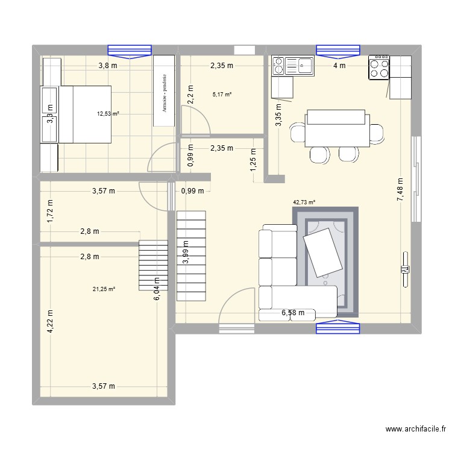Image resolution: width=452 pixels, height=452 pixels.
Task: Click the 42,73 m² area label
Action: click(x=304, y=203)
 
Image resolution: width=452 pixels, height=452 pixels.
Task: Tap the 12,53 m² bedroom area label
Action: click(x=108, y=113)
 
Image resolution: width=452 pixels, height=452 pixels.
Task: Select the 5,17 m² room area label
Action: click(x=222, y=94)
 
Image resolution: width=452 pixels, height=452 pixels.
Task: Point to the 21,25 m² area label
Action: click(x=104, y=289)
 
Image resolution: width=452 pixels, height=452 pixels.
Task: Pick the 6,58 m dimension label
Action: click(x=297, y=313)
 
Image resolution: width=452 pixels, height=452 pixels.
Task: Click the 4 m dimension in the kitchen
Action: click(x=340, y=66)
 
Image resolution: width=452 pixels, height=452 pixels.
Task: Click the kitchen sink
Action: click(x=300, y=65)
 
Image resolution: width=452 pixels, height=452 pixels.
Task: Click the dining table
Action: click(x=336, y=128)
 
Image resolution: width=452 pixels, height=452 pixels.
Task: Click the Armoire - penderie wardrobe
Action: click(x=164, y=92)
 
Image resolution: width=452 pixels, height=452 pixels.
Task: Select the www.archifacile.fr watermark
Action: click(x=415, y=430)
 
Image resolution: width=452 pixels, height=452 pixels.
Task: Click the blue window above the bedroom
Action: click(x=128, y=51)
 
